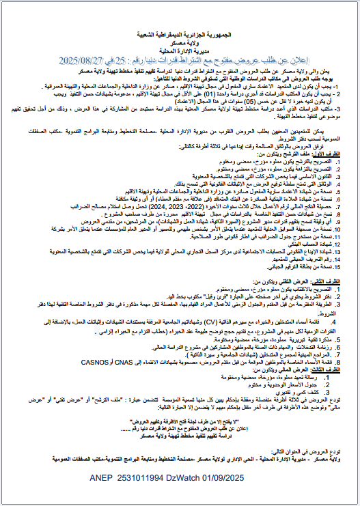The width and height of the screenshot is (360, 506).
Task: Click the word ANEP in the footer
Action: (x=102, y=481)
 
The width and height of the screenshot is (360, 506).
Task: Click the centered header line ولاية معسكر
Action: (x=180, y=42)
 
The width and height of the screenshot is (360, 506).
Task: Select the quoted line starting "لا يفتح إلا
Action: (x=180, y=421)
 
